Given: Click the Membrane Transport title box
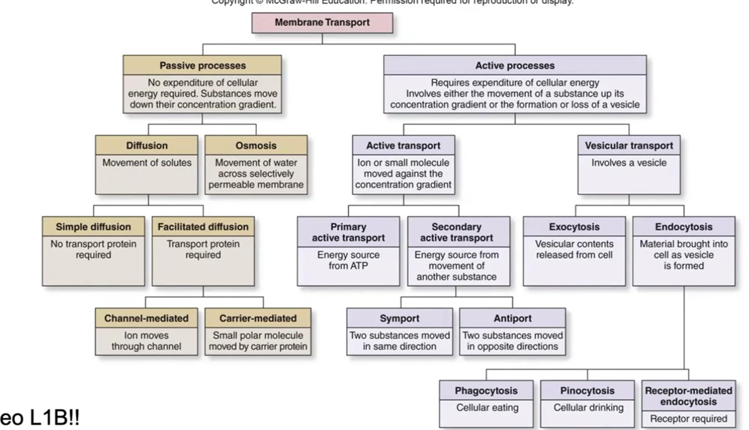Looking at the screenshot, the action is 322,22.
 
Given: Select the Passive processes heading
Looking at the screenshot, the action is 202,65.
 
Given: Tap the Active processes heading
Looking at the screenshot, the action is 515,65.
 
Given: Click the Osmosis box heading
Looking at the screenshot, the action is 256,145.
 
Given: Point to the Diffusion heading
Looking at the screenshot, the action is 146,145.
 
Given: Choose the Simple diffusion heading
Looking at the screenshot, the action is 93,227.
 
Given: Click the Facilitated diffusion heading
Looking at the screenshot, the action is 203,227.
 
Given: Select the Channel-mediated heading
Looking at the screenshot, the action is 146,318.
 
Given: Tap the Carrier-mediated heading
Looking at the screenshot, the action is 258,318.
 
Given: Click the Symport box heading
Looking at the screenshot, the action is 399,318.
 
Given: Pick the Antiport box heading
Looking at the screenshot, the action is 512,318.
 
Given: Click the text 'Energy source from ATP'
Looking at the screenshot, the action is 348,260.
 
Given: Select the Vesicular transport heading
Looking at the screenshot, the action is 629,145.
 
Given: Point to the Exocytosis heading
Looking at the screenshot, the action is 574,227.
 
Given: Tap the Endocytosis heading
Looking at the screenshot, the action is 684,227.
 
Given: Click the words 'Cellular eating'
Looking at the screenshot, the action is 487,408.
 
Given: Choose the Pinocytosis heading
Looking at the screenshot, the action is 587,391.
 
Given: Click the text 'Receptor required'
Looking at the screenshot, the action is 688,419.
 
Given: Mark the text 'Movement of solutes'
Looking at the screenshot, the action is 147,162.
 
